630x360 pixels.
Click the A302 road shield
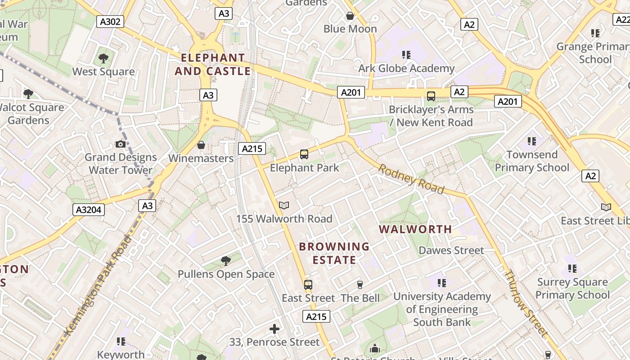click(110, 21)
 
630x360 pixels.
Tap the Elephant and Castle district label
click(213, 64)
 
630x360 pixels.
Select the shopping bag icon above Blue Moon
click(350, 16)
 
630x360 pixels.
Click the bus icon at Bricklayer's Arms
click(431, 96)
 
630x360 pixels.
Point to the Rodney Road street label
click(411, 179)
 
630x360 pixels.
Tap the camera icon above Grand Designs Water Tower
click(121, 144)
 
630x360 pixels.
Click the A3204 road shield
click(89, 209)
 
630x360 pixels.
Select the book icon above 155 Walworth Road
click(284, 205)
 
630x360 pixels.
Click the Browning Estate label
click(334, 253)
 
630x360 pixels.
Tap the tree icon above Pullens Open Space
click(226, 261)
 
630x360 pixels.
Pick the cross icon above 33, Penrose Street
click(274, 329)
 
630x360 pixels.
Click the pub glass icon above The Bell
click(360, 285)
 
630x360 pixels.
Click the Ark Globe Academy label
click(406, 68)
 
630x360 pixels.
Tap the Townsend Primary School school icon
click(532, 141)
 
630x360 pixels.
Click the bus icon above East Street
click(308, 284)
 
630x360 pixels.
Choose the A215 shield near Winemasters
click(252, 148)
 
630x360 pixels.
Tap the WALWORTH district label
click(415, 229)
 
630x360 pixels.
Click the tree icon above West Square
click(103, 58)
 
